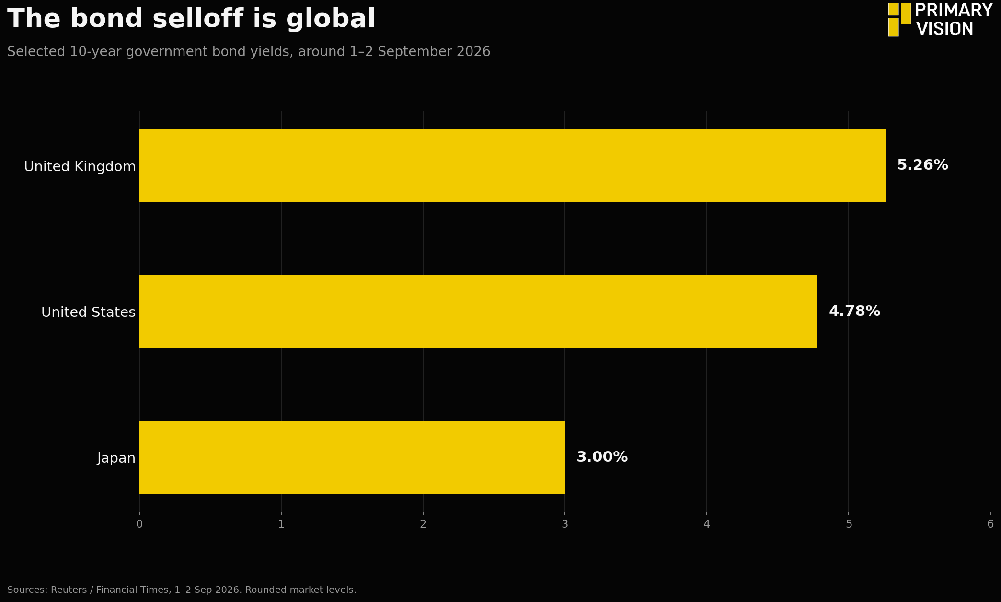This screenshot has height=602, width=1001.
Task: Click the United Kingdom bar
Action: pyautogui.click(x=512, y=165)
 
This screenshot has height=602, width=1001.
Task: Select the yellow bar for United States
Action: pyautogui.click(x=478, y=312)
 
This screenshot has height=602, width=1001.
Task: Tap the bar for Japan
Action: pyautogui.click(x=352, y=457)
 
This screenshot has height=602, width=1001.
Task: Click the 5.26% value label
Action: pyautogui.click(x=922, y=165)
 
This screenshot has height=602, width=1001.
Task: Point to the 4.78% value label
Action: pyautogui.click(x=854, y=312)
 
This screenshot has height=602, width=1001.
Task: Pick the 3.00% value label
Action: pyautogui.click(x=602, y=457)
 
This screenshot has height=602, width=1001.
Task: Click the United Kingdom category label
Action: pyautogui.click(x=80, y=167)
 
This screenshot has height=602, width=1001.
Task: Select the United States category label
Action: pyautogui.click(x=89, y=313)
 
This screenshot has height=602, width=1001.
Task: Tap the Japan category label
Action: pyautogui.click(x=116, y=459)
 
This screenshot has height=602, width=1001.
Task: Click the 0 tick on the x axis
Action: pyautogui.click(x=139, y=524)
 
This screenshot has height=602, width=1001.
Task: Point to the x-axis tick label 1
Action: pyautogui.click(x=281, y=524)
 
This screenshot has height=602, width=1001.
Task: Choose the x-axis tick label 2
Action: pyautogui.click(x=423, y=524)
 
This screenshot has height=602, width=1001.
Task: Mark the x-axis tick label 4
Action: pyautogui.click(x=707, y=524)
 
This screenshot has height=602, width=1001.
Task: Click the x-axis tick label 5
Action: pyautogui.click(x=849, y=524)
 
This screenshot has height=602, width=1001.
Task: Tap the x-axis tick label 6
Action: pyautogui.click(x=990, y=524)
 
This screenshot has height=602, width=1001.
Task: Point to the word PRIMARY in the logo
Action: pyautogui.click(x=954, y=11)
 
